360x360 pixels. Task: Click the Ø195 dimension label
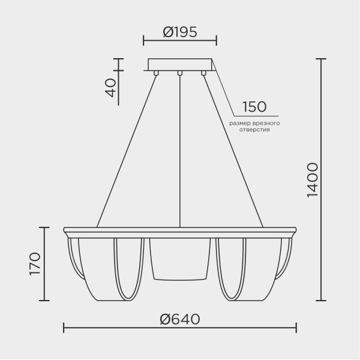click(180, 32)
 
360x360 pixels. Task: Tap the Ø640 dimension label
click(180, 319)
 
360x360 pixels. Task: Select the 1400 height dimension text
click(312, 180)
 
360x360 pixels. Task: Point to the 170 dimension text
click(34, 264)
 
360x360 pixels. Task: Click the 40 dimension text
click(110, 87)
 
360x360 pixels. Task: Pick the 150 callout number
click(254, 107)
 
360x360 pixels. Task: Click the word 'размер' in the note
click(239, 123)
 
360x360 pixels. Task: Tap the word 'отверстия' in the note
click(254, 130)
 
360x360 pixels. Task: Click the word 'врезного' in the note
click(266, 123)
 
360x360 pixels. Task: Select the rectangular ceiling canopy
click(180, 64)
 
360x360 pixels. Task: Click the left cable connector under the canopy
click(157, 73)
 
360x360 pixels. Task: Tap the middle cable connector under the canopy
click(179, 73)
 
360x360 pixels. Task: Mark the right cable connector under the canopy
click(203, 73)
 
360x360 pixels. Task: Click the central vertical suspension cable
click(180, 150)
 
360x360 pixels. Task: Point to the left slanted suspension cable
click(127, 150)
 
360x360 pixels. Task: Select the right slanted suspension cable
click(233, 150)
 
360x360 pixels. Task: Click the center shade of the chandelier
click(180, 258)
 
